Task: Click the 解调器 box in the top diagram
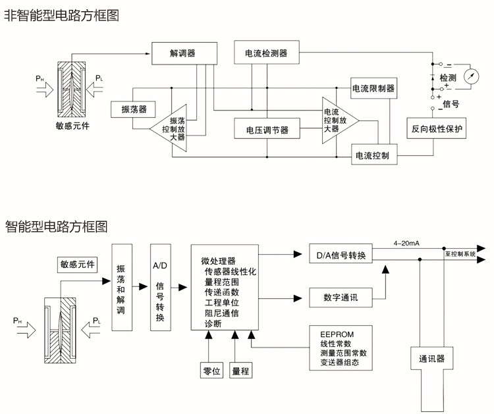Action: click(182, 53)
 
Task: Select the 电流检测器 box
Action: click(266, 53)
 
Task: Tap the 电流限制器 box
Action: click(373, 88)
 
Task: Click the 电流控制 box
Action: click(373, 156)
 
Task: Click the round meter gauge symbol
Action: click(471, 76)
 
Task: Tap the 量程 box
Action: click(241, 371)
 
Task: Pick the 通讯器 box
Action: click(432, 359)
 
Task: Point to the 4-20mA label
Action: click(406, 244)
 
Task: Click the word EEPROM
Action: click(337, 334)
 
